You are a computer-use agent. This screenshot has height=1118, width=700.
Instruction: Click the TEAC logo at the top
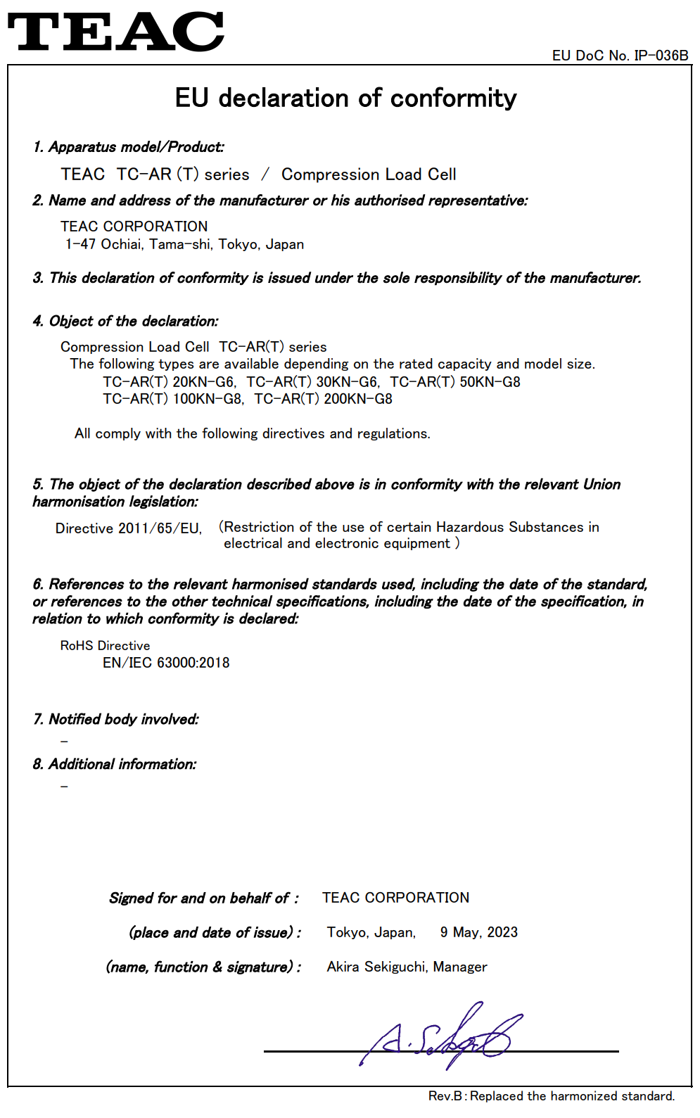tap(115, 32)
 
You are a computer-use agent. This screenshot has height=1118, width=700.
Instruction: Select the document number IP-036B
tap(661, 56)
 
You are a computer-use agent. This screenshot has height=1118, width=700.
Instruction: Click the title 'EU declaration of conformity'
tap(345, 99)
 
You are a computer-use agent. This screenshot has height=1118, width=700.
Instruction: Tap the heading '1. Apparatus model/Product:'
tap(129, 147)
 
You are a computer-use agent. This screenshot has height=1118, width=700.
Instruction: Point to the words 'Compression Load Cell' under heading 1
tap(369, 174)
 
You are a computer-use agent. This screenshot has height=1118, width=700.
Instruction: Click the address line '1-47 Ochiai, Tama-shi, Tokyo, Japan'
tap(184, 244)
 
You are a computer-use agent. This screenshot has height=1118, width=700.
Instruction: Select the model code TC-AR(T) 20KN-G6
tap(169, 382)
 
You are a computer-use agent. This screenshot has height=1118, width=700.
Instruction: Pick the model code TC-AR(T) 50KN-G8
tap(455, 382)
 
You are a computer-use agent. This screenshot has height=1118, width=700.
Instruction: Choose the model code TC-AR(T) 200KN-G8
tap(323, 399)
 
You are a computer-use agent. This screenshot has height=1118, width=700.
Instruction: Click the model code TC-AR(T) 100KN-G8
tap(172, 399)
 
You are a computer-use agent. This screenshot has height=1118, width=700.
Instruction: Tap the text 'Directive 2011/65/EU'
tap(128, 528)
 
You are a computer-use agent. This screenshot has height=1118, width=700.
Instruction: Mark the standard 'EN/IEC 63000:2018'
tap(166, 663)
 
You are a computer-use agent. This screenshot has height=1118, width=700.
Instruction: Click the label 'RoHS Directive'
tap(105, 646)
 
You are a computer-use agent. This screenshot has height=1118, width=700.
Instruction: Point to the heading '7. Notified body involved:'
tap(116, 719)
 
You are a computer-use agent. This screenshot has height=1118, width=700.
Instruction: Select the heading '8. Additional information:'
tap(115, 764)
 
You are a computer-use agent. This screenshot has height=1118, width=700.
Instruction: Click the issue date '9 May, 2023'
tap(478, 932)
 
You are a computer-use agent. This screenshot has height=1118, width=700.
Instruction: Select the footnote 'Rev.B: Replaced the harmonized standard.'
tap(552, 1096)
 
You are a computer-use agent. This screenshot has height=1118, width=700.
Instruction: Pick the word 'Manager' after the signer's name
tap(460, 967)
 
